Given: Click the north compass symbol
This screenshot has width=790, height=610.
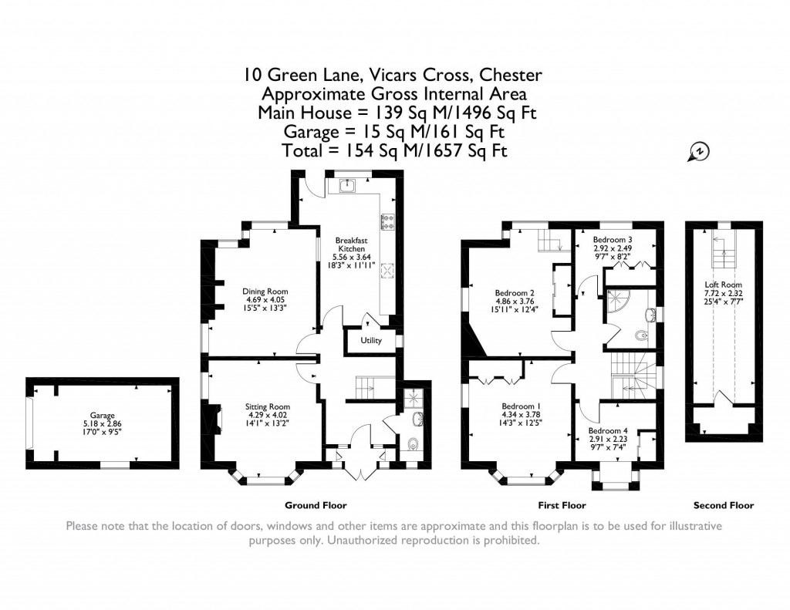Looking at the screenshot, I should [698, 153].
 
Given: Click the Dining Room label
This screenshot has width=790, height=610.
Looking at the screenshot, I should [266, 292].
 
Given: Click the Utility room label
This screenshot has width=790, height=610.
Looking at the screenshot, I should [371, 340].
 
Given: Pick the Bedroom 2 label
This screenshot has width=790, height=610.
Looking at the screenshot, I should [515, 293].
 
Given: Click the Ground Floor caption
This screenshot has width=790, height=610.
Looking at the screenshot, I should [316, 506].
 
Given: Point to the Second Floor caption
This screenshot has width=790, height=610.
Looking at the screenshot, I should [723, 506].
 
